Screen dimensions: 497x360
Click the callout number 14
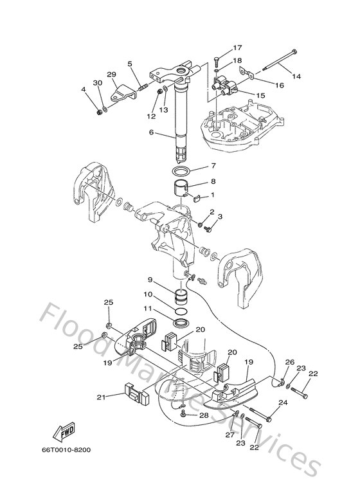[296, 77]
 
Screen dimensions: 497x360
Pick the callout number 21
[101, 397]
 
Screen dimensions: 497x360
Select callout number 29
[112, 75]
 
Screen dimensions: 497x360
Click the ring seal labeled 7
[181, 171]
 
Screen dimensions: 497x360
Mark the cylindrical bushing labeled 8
[181, 191]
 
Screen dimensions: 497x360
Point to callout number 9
[150, 280]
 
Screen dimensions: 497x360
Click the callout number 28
[204, 416]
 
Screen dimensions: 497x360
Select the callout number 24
[282, 403]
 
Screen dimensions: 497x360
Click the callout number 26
[290, 361]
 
